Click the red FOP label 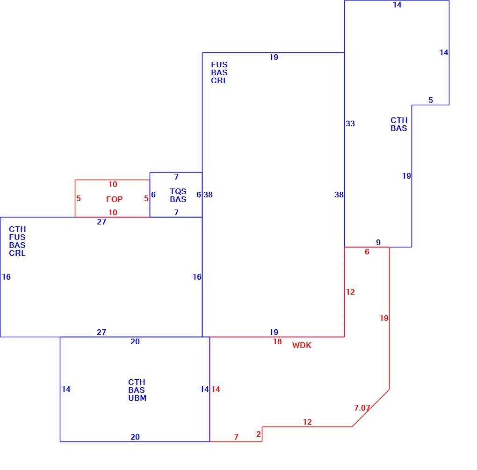115,199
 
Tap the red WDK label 302,345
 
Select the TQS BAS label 178,195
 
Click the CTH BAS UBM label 137,390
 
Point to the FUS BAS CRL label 219,72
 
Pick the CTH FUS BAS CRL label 17,241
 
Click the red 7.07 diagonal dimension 362,408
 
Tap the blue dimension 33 350,123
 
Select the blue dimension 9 378,242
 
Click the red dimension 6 367,252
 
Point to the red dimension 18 277,341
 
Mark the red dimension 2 259,434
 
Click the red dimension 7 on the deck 236,437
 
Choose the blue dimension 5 430,100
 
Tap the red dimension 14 216,389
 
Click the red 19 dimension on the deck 384,318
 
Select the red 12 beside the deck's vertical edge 350,292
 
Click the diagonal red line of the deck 370,408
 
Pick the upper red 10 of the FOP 113,184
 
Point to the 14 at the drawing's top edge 397,5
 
